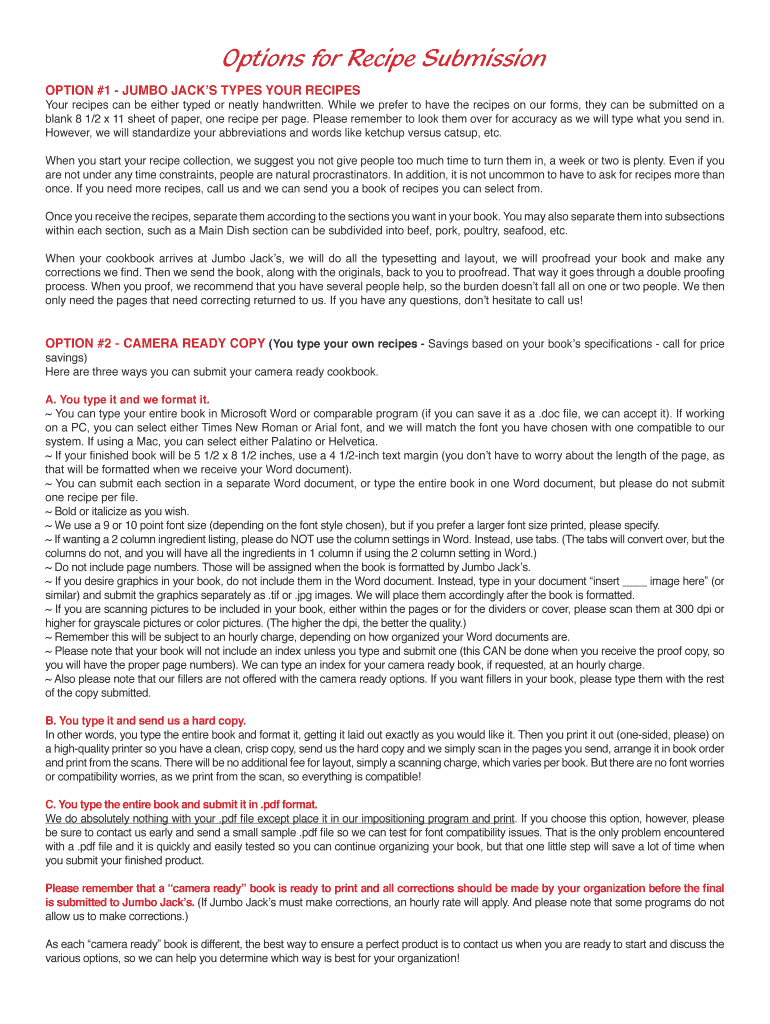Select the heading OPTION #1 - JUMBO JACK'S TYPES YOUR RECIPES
tap(203, 90)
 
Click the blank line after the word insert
tap(634, 580)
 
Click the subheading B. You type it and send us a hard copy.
tap(145, 720)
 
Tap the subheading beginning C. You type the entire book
tap(181, 804)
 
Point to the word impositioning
tap(396, 818)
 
